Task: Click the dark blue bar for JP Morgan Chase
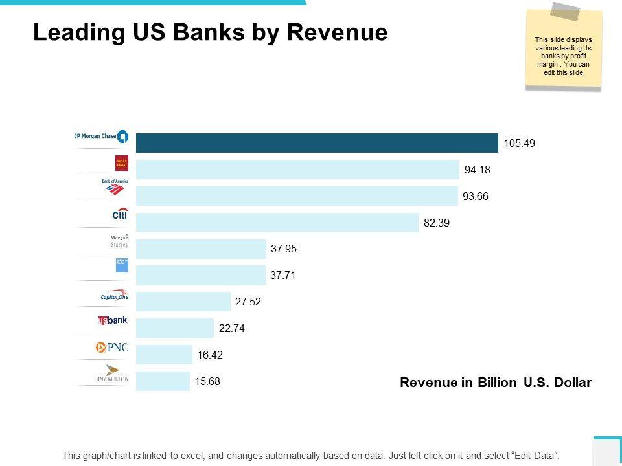click(317, 143)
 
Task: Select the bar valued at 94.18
click(297, 170)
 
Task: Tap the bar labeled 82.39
click(277, 223)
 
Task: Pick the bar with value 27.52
click(183, 302)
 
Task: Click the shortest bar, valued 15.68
click(163, 381)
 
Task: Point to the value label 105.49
click(520, 143)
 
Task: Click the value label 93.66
click(476, 196)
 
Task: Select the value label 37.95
click(284, 249)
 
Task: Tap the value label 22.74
click(232, 328)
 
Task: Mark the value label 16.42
click(211, 355)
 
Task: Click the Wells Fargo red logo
click(122, 162)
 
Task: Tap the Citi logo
click(120, 214)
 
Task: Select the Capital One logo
click(115, 295)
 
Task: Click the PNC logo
click(112, 348)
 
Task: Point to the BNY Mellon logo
click(113, 374)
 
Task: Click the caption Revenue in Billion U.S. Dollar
click(496, 383)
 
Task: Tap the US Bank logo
click(113, 320)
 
